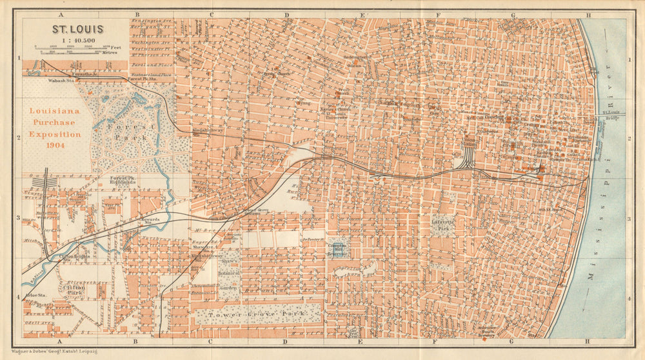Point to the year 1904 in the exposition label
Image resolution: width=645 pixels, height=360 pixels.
(55, 146)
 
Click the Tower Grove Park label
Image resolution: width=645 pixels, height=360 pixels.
(257, 314)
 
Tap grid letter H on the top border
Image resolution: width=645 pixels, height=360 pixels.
(588, 14)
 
